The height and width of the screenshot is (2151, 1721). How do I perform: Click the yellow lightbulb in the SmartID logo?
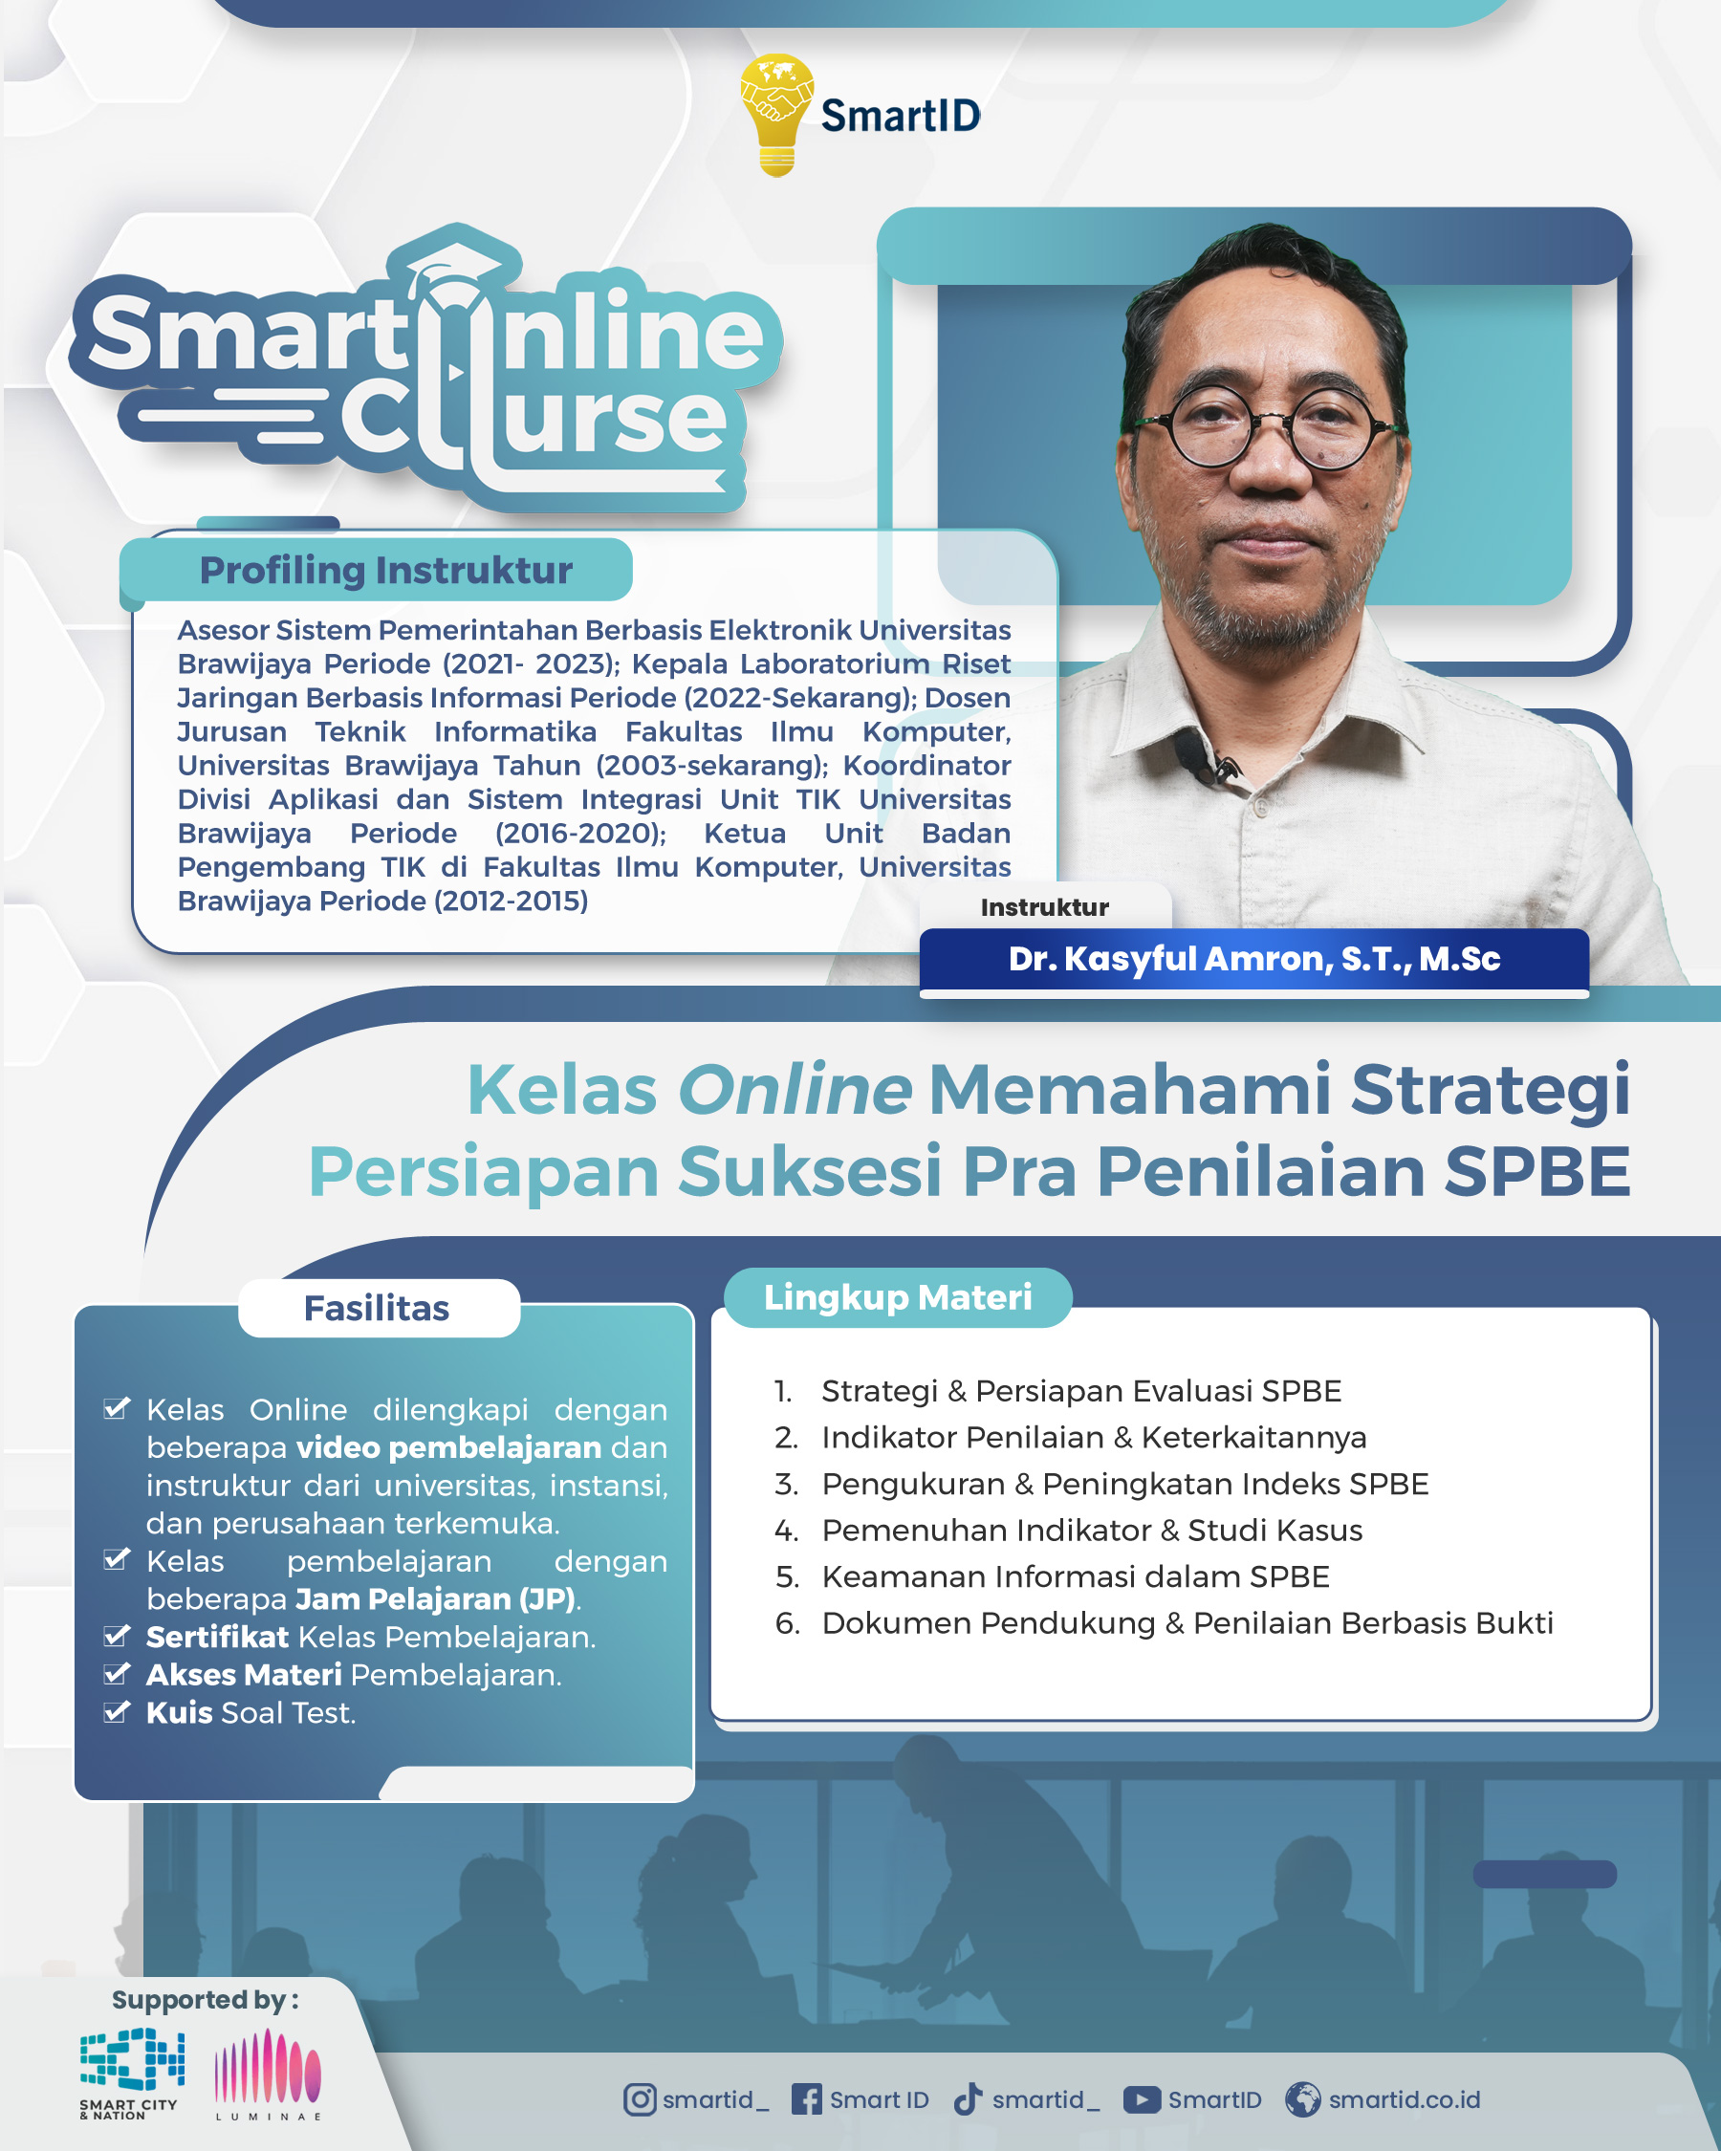(x=776, y=115)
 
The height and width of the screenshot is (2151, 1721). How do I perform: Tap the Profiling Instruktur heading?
(x=386, y=571)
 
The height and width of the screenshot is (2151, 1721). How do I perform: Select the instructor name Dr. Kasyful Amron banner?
(x=1254, y=959)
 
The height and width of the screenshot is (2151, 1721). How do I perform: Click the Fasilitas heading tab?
(x=377, y=1308)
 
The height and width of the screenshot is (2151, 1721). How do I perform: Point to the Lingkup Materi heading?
(x=898, y=1297)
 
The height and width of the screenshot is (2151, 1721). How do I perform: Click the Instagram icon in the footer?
(x=640, y=2099)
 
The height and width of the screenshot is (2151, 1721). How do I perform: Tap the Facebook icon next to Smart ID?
(x=806, y=2099)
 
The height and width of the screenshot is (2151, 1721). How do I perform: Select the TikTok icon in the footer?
(x=968, y=2099)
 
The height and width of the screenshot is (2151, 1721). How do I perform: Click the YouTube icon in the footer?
(x=1142, y=2099)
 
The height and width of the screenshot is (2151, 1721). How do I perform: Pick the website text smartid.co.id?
(x=1404, y=2099)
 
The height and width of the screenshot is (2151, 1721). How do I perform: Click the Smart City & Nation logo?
(x=132, y=2074)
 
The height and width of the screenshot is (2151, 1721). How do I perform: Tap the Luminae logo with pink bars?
(x=268, y=2074)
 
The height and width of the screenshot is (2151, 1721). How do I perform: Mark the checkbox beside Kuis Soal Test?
(x=118, y=1712)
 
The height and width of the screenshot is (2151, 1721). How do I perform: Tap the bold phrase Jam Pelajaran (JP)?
(x=435, y=1599)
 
